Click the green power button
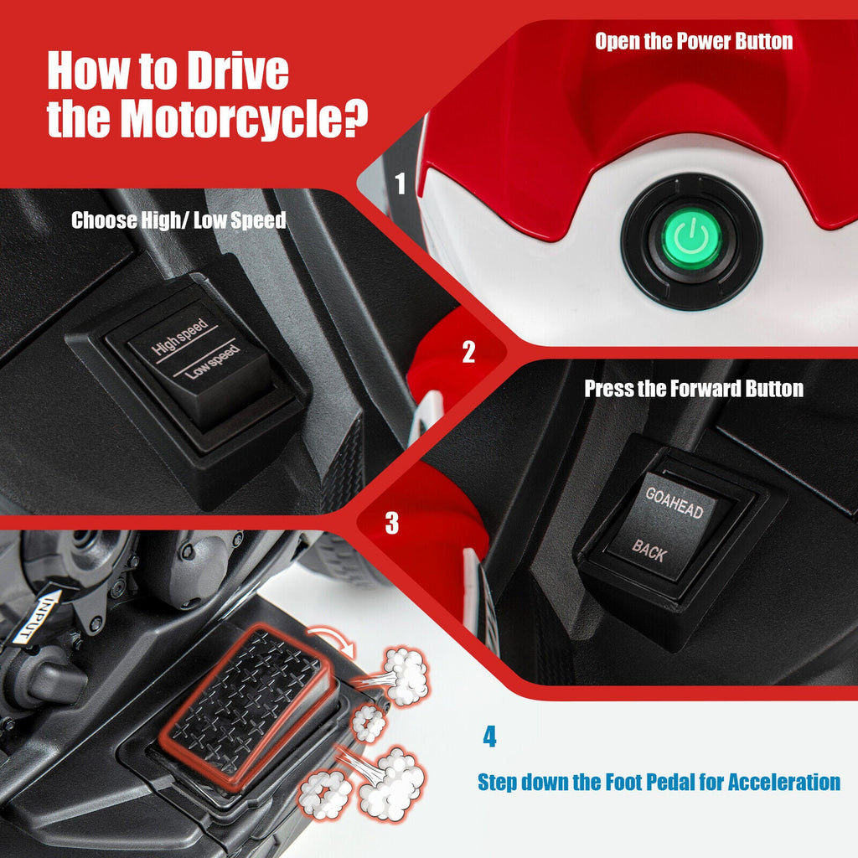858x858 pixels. (x=691, y=239)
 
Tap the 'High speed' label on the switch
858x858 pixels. (x=180, y=336)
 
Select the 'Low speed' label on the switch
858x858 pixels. (x=212, y=362)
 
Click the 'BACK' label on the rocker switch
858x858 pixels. (x=649, y=550)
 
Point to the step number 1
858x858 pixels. (x=401, y=183)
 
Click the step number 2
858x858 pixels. (x=468, y=352)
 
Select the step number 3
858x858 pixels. (x=392, y=523)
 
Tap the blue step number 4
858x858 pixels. (x=489, y=737)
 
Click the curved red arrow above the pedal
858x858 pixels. (x=332, y=640)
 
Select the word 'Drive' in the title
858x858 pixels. (x=237, y=70)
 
